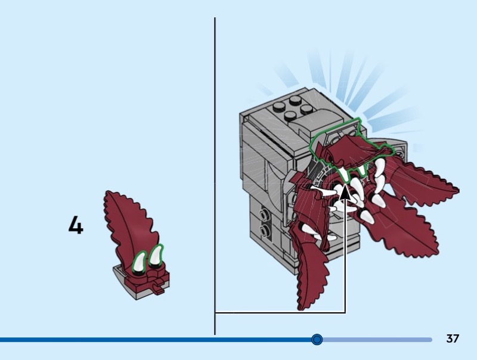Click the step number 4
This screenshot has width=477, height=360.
click(x=76, y=225)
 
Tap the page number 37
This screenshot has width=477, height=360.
click(x=453, y=339)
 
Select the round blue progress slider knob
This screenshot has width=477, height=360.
click(x=317, y=339)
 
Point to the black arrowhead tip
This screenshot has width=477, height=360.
click(x=345, y=187)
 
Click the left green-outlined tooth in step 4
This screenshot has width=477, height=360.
click(x=139, y=262)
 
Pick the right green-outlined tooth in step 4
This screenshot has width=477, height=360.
click(x=156, y=257)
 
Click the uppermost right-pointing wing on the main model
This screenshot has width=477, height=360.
click(x=423, y=179)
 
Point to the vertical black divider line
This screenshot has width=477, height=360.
click(x=215, y=176)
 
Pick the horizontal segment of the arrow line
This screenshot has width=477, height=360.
click(x=280, y=312)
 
